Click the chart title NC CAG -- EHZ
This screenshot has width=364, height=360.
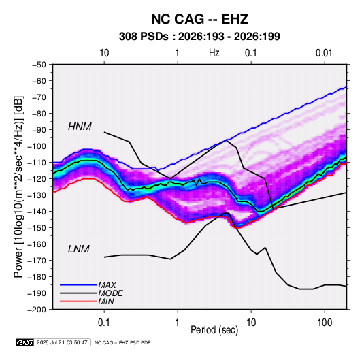199,19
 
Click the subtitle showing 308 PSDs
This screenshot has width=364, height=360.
199,37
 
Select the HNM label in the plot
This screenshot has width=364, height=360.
80,127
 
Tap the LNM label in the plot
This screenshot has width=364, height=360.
79,249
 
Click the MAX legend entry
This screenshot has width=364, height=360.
107,284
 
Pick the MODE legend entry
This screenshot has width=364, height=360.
110,293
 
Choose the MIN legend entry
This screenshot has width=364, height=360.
106,301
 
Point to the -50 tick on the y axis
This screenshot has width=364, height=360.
39,65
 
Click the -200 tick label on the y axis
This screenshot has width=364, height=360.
37,310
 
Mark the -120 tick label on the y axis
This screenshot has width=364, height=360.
37,179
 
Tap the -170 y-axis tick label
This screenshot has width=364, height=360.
37,261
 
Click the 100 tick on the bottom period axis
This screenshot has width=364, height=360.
325,323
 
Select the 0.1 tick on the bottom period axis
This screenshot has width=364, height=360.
104,323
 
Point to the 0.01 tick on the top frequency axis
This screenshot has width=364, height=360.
324,53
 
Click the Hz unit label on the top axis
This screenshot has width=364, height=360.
214,53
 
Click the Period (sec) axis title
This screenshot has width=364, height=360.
214,330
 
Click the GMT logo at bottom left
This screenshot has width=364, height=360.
24,342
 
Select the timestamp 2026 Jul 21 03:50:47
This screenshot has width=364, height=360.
62,342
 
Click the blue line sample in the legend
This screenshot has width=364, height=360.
78,284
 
